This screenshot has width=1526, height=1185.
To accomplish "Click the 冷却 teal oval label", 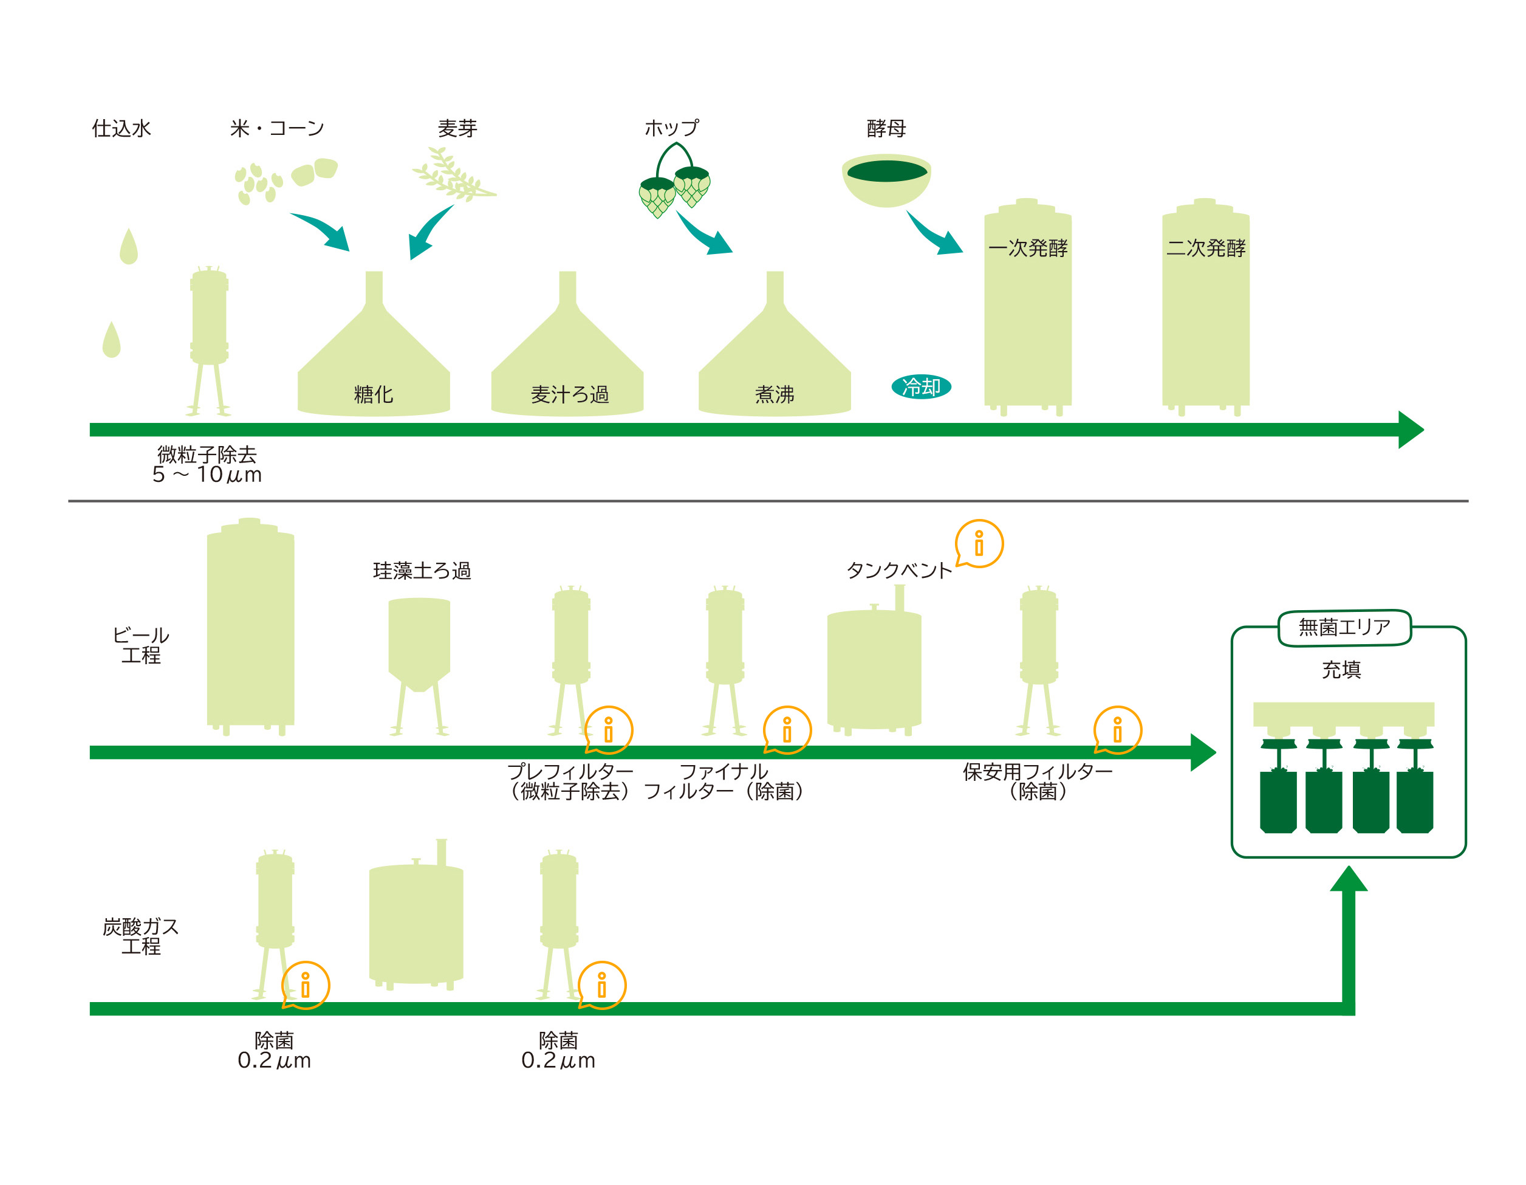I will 921,386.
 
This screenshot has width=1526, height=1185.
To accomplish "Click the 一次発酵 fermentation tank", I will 1027,307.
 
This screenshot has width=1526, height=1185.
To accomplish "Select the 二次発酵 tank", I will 1205,307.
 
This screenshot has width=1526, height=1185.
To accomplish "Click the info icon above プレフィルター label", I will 609,730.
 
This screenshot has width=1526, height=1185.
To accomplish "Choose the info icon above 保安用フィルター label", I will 1117,730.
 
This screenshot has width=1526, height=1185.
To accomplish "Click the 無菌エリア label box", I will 1344,627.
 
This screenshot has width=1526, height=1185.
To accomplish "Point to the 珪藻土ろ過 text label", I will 422,571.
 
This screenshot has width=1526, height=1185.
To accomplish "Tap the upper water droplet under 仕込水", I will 129,247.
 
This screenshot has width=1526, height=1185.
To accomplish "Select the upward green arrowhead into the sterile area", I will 1349,879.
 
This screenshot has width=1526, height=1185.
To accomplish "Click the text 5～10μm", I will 207,475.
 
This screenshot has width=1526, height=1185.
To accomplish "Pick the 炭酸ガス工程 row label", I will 140,936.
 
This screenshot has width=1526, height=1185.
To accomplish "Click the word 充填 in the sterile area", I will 1341,670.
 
